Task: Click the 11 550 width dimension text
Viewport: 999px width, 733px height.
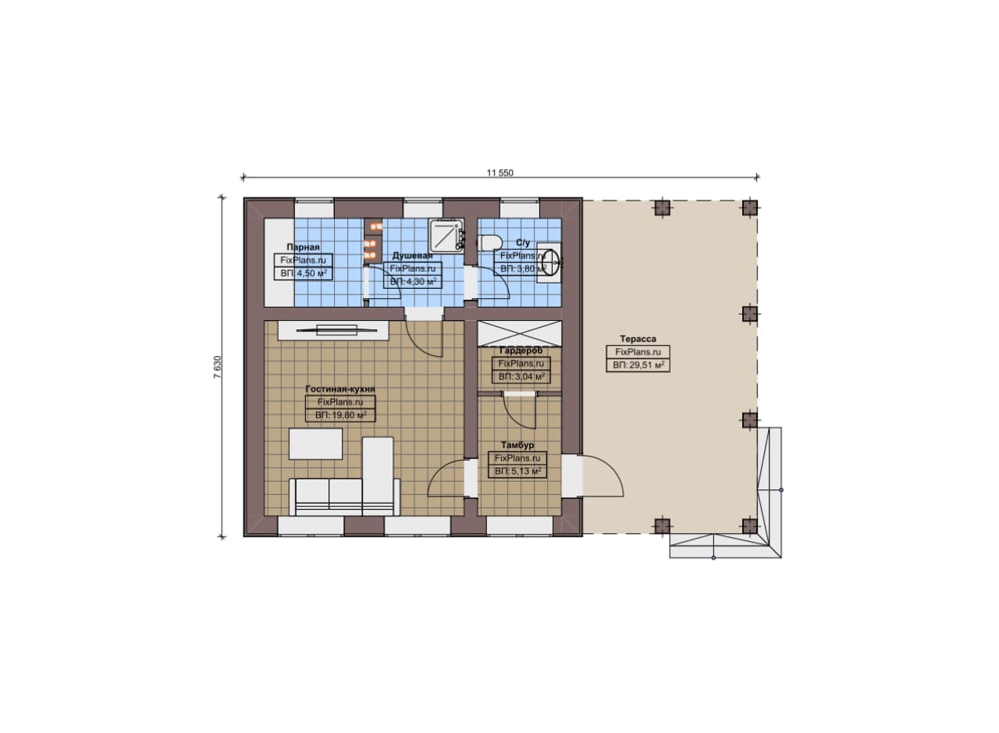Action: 500,173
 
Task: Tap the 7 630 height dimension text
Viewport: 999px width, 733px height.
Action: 217,367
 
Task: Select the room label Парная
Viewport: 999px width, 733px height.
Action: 304,247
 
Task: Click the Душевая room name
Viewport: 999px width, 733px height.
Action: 413,255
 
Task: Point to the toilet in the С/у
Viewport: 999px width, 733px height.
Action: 489,243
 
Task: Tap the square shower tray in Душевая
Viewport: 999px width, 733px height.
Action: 446,235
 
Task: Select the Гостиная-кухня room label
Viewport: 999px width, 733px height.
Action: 340,389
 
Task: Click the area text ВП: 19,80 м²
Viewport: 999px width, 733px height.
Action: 341,415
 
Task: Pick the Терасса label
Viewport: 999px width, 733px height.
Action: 638,339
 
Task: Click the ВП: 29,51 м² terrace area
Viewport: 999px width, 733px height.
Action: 638,365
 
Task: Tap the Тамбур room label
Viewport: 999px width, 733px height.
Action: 517,445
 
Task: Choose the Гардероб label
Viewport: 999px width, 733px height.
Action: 521,350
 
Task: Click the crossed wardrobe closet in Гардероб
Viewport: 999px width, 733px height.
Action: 520,333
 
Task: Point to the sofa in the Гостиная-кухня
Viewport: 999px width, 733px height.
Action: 344,497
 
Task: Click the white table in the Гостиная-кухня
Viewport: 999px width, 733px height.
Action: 316,444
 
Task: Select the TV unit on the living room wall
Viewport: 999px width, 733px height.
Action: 333,330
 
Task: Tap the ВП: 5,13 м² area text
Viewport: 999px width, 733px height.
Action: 517,471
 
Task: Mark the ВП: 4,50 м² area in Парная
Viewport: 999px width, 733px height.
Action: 304,273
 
